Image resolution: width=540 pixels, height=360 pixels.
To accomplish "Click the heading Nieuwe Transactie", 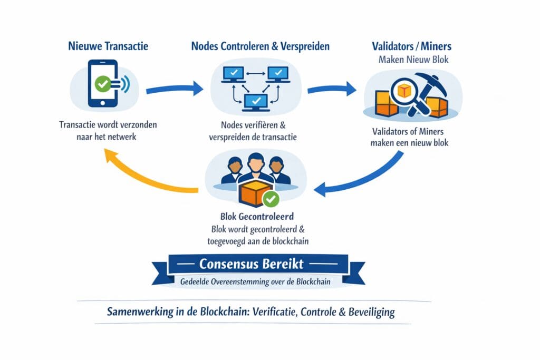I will point(108,46).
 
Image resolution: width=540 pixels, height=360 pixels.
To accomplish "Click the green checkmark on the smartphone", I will point(102,83).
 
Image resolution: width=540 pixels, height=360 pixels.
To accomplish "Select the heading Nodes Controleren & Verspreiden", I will point(260,46).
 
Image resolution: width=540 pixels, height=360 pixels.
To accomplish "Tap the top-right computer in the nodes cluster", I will point(277,74).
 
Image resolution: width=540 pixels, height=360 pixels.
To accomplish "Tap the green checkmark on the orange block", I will point(271,199).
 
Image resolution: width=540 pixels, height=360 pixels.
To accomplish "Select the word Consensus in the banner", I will point(228,263).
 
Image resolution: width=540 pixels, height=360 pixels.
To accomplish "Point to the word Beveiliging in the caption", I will point(371,312).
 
